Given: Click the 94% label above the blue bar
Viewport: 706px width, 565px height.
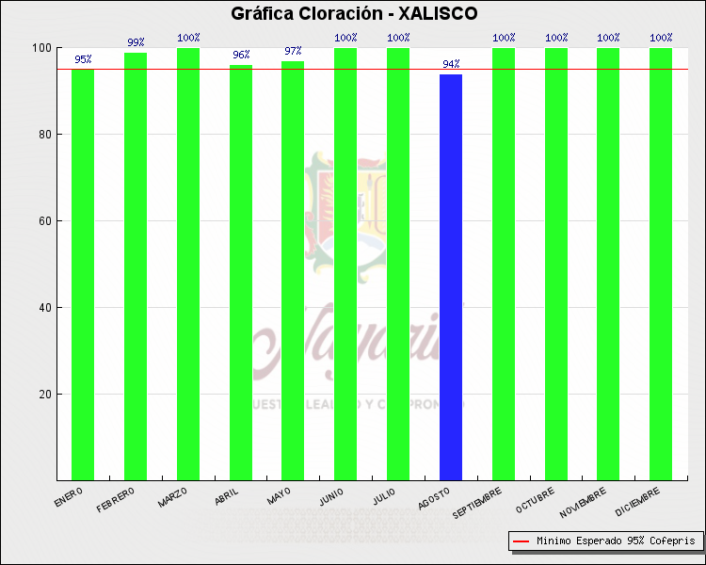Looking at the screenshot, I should pyautogui.click(x=451, y=64).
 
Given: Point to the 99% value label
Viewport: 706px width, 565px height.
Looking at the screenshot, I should pyautogui.click(x=136, y=42).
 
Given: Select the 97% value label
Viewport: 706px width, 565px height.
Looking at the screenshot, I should pyautogui.click(x=293, y=51).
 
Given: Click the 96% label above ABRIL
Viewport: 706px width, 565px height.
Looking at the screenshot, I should pyautogui.click(x=240, y=55).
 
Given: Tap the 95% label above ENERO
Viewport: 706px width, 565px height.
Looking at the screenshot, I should pyautogui.click(x=83, y=59).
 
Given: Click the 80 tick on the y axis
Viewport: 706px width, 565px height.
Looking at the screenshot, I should pyautogui.click(x=43, y=135).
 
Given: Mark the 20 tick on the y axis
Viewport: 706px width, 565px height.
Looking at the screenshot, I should pyautogui.click(x=43, y=395).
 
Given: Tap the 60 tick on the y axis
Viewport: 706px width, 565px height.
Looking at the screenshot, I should pyautogui.click(x=43, y=221).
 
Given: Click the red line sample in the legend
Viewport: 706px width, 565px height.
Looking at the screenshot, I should pyautogui.click(x=520, y=541).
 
